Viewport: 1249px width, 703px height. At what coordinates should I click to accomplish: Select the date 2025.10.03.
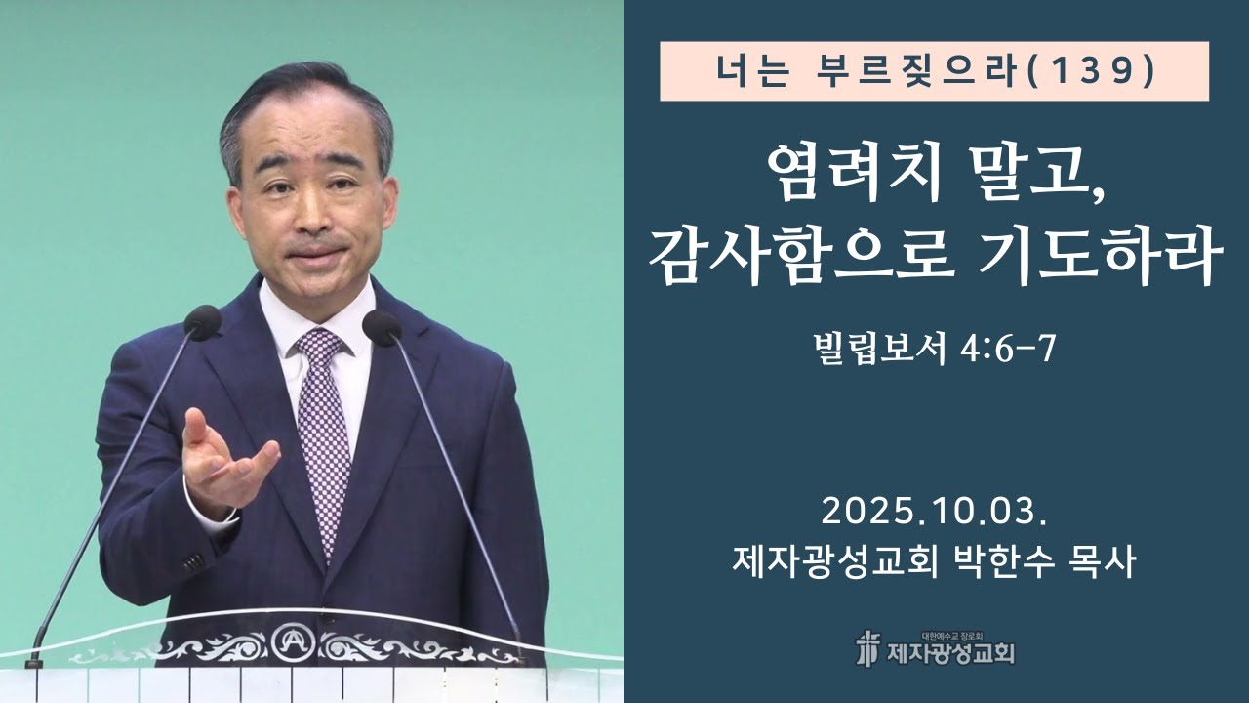pyautogui.click(x=935, y=511)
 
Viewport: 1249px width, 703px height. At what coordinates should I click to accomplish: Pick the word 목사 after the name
pyautogui.click(x=1105, y=562)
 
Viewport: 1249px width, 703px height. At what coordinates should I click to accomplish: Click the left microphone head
pyautogui.click(x=202, y=321)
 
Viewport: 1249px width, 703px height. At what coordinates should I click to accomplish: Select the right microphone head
pyautogui.click(x=382, y=326)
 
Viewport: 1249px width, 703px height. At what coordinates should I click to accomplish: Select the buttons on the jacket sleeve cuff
pyautogui.click(x=190, y=563)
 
